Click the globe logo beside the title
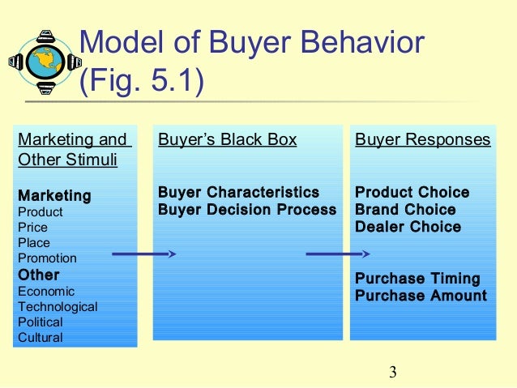[x=44, y=62]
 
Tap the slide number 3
[x=392, y=373]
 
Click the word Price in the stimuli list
[x=33, y=227]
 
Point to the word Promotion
[x=47, y=258]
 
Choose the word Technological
[x=58, y=306]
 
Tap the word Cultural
[x=40, y=337]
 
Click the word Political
[x=41, y=322]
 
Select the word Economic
[x=46, y=291]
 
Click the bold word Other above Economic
[x=38, y=275]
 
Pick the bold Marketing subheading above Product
[x=54, y=196]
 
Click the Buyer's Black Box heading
[x=227, y=139]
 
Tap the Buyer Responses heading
[x=422, y=139]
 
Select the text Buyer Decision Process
[x=246, y=210]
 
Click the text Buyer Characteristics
[x=238, y=193]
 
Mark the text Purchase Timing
[x=417, y=279]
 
